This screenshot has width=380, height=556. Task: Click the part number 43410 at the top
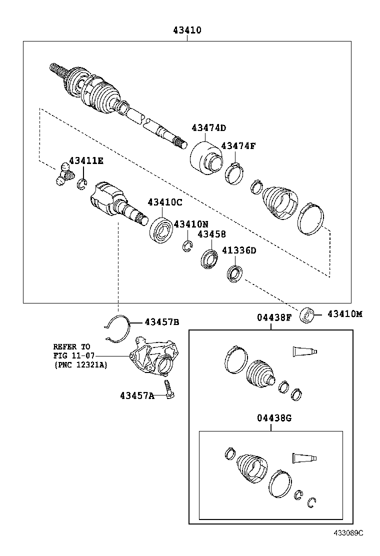[187, 30]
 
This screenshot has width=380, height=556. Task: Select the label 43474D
[208, 127]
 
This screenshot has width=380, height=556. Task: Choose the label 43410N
[191, 224]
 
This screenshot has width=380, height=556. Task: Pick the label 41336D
[239, 250]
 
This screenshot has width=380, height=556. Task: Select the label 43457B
[162, 321]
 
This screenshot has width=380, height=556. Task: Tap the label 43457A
[136, 395]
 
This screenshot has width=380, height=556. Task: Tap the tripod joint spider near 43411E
[64, 174]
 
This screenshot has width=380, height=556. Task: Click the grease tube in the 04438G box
[304, 457]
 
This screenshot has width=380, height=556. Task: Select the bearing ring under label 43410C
[161, 228]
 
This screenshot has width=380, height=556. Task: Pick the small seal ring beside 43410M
[307, 316]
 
